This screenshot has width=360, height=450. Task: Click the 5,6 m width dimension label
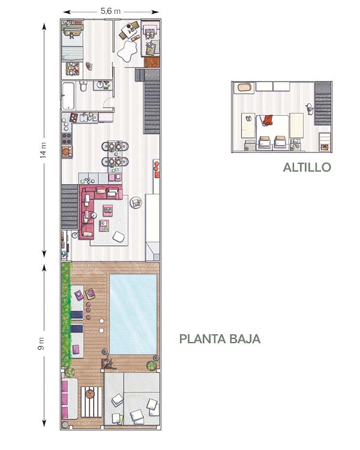pyautogui.click(x=110, y=11)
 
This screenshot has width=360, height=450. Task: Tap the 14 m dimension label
pyautogui.click(x=43, y=150)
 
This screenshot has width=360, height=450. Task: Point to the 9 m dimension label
pyautogui.click(x=41, y=344)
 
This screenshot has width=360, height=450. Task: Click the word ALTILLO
pyautogui.click(x=307, y=167)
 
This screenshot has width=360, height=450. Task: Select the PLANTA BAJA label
pyautogui.click(x=220, y=339)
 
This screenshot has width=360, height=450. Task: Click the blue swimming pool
pyautogui.click(x=133, y=314)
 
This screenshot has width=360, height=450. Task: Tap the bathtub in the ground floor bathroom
pyautogui.click(x=68, y=96)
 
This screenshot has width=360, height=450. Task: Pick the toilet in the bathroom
pyautogui.click(x=83, y=86)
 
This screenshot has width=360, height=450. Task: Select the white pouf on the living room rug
pyautogui.click(x=119, y=237)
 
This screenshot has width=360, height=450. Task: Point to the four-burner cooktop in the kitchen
pyautogui.click(x=67, y=139)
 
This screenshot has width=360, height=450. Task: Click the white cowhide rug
pyautogui.click(x=127, y=50)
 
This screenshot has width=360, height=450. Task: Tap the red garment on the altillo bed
pyautogui.click(x=268, y=120)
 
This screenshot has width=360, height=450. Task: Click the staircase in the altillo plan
pyautogui.click(x=323, y=103)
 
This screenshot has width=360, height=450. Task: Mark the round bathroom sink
pyautogui.click(x=100, y=85)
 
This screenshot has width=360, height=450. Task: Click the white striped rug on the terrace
pyautogui.click(x=92, y=402)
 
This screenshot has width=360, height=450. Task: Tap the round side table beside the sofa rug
pyautogui.click(x=136, y=203)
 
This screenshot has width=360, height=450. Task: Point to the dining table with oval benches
pyautogui.click(x=115, y=154)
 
